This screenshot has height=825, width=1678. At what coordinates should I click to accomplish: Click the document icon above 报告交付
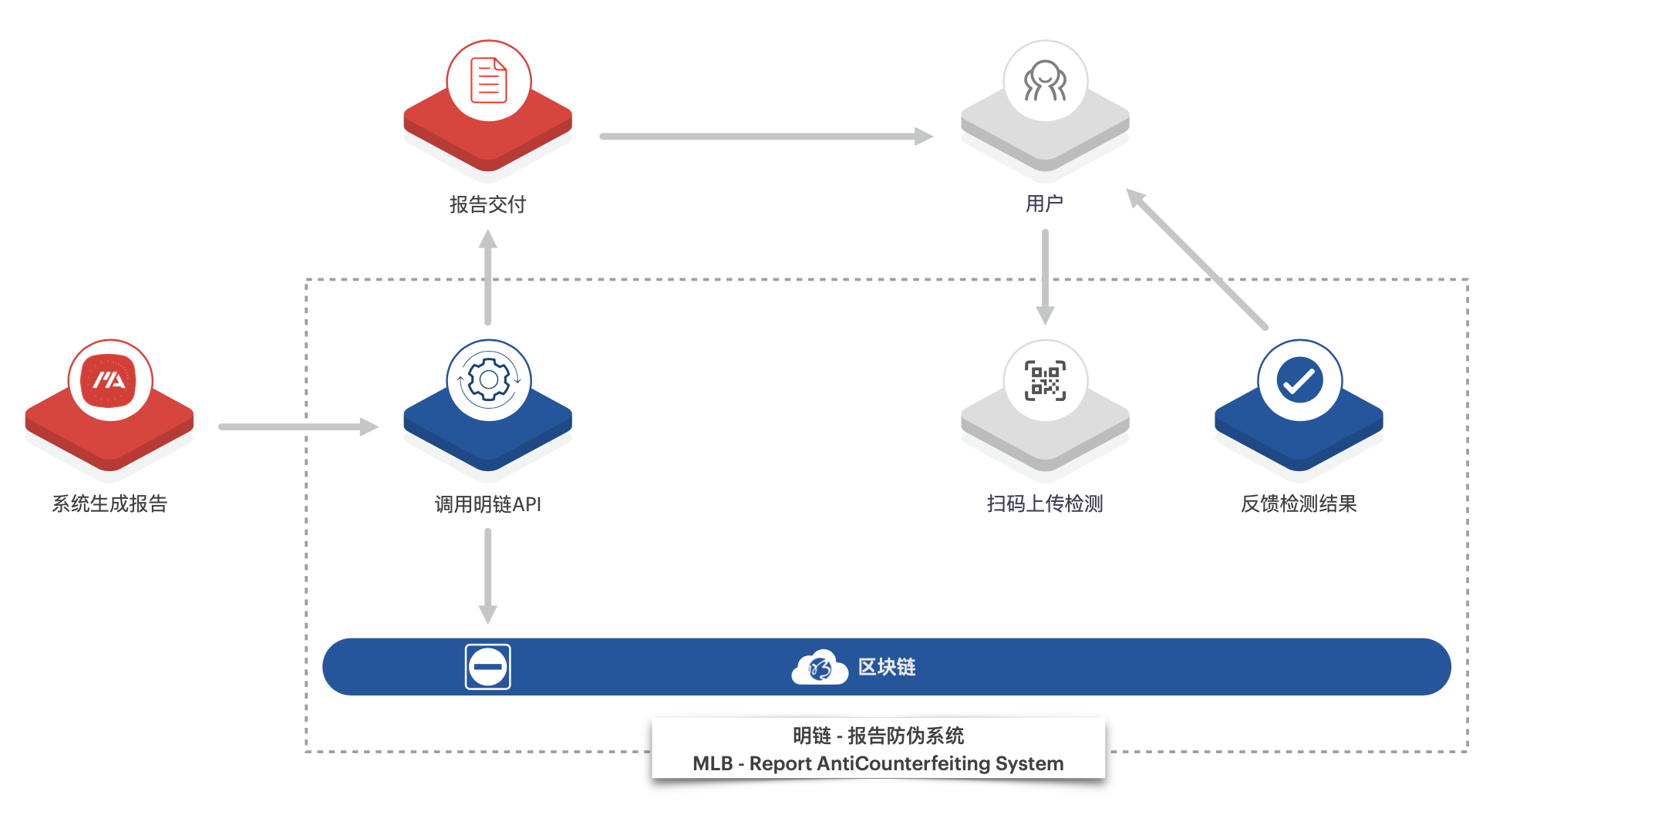pyautogui.click(x=489, y=81)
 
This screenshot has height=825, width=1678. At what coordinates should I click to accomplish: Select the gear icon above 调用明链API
pyautogui.click(x=489, y=380)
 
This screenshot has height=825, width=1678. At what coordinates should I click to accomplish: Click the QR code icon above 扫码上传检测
pyautogui.click(x=1045, y=381)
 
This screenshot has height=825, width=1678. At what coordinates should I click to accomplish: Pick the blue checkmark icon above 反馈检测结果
pyautogui.click(x=1299, y=381)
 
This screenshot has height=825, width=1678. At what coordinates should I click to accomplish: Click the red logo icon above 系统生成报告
pyautogui.click(x=110, y=381)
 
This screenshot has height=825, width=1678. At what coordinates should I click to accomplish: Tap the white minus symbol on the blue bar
pyautogui.click(x=487, y=667)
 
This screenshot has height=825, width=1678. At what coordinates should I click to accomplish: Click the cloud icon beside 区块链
pyautogui.click(x=820, y=668)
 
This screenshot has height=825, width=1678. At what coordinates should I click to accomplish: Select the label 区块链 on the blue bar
pyautogui.click(x=887, y=667)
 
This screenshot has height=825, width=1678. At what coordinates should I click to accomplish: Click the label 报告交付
pyautogui.click(x=487, y=204)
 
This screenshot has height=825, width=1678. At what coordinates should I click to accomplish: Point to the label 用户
pyautogui.click(x=1044, y=204)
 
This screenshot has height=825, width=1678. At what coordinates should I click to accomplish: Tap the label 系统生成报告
pyautogui.click(x=110, y=503)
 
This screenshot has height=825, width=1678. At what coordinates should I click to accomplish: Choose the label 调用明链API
pyautogui.click(x=487, y=504)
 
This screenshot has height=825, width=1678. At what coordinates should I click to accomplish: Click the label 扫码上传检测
pyautogui.click(x=1045, y=503)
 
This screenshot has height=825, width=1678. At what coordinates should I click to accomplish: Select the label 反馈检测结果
pyautogui.click(x=1299, y=503)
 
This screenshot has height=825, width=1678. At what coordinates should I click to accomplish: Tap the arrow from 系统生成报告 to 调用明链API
pyautogui.click(x=297, y=426)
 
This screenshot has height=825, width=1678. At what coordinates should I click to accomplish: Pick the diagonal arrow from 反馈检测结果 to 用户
pyautogui.click(x=1197, y=258)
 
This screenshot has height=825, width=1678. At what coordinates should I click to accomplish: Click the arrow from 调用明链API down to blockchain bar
pyautogui.click(x=487, y=574)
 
